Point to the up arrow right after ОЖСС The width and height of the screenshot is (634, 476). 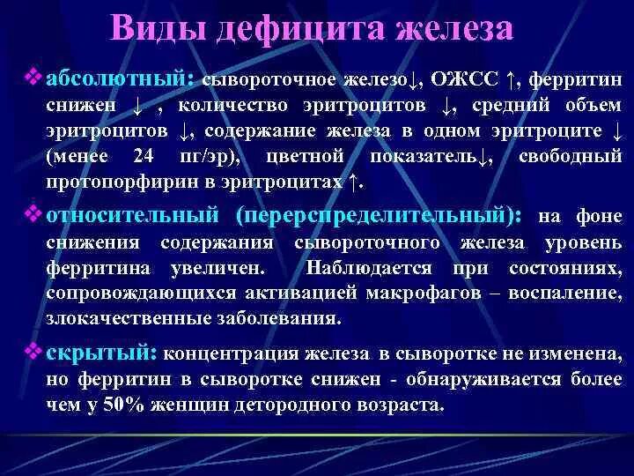[x=511, y=80]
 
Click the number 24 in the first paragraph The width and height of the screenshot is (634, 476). [x=143, y=157]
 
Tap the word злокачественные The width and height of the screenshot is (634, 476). [x=114, y=316]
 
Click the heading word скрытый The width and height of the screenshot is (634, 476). [x=101, y=353]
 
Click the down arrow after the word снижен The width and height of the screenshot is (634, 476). [x=137, y=107]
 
